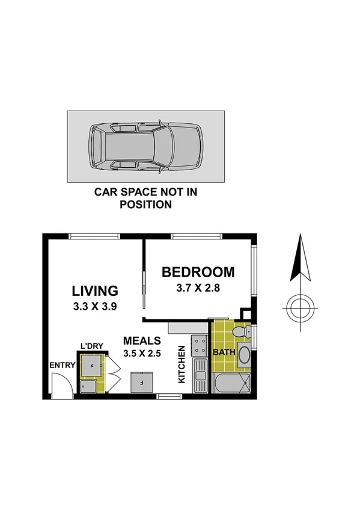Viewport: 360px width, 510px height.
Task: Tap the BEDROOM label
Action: pos(198,272)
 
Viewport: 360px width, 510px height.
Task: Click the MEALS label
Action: pos(141,341)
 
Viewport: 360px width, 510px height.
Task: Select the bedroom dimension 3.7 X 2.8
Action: pos(198,287)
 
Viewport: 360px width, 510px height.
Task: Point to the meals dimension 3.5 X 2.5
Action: pos(141,353)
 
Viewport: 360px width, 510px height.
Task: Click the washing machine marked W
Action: pos(92,363)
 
